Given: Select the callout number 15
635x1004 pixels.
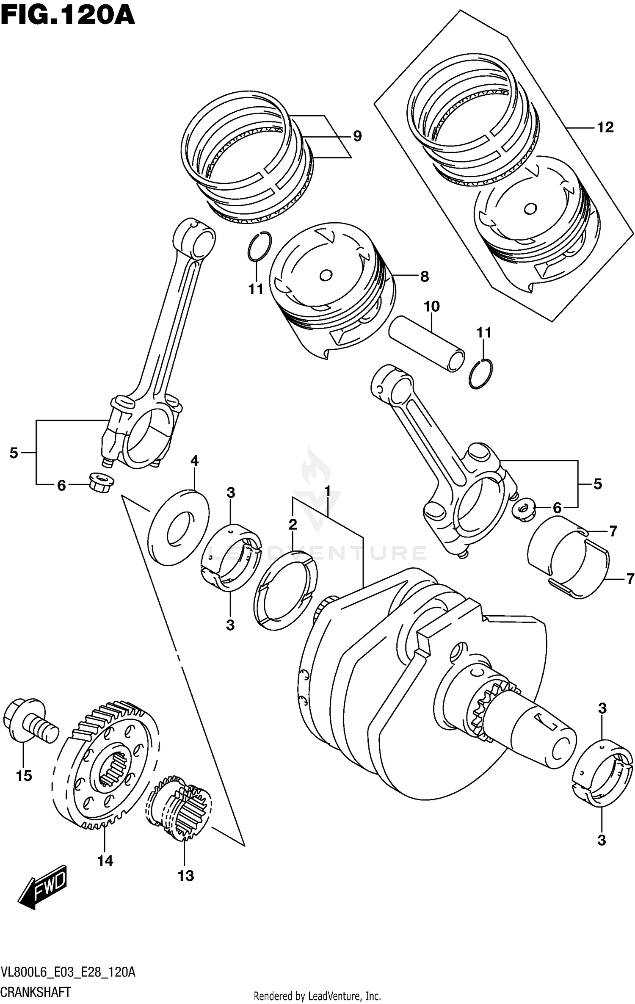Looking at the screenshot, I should click(x=24, y=775).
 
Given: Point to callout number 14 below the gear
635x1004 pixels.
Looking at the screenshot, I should click(x=105, y=860).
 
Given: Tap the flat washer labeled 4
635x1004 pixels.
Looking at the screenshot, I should click(x=179, y=527).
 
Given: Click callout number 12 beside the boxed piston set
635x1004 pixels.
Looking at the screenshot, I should click(x=605, y=127).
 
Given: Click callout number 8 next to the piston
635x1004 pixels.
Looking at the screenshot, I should click(x=424, y=277).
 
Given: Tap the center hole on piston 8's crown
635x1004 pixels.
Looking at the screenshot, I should click(x=326, y=276).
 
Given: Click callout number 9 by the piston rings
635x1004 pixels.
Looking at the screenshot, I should click(x=357, y=136).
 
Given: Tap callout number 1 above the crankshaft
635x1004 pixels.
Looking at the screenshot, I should click(x=327, y=491).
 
